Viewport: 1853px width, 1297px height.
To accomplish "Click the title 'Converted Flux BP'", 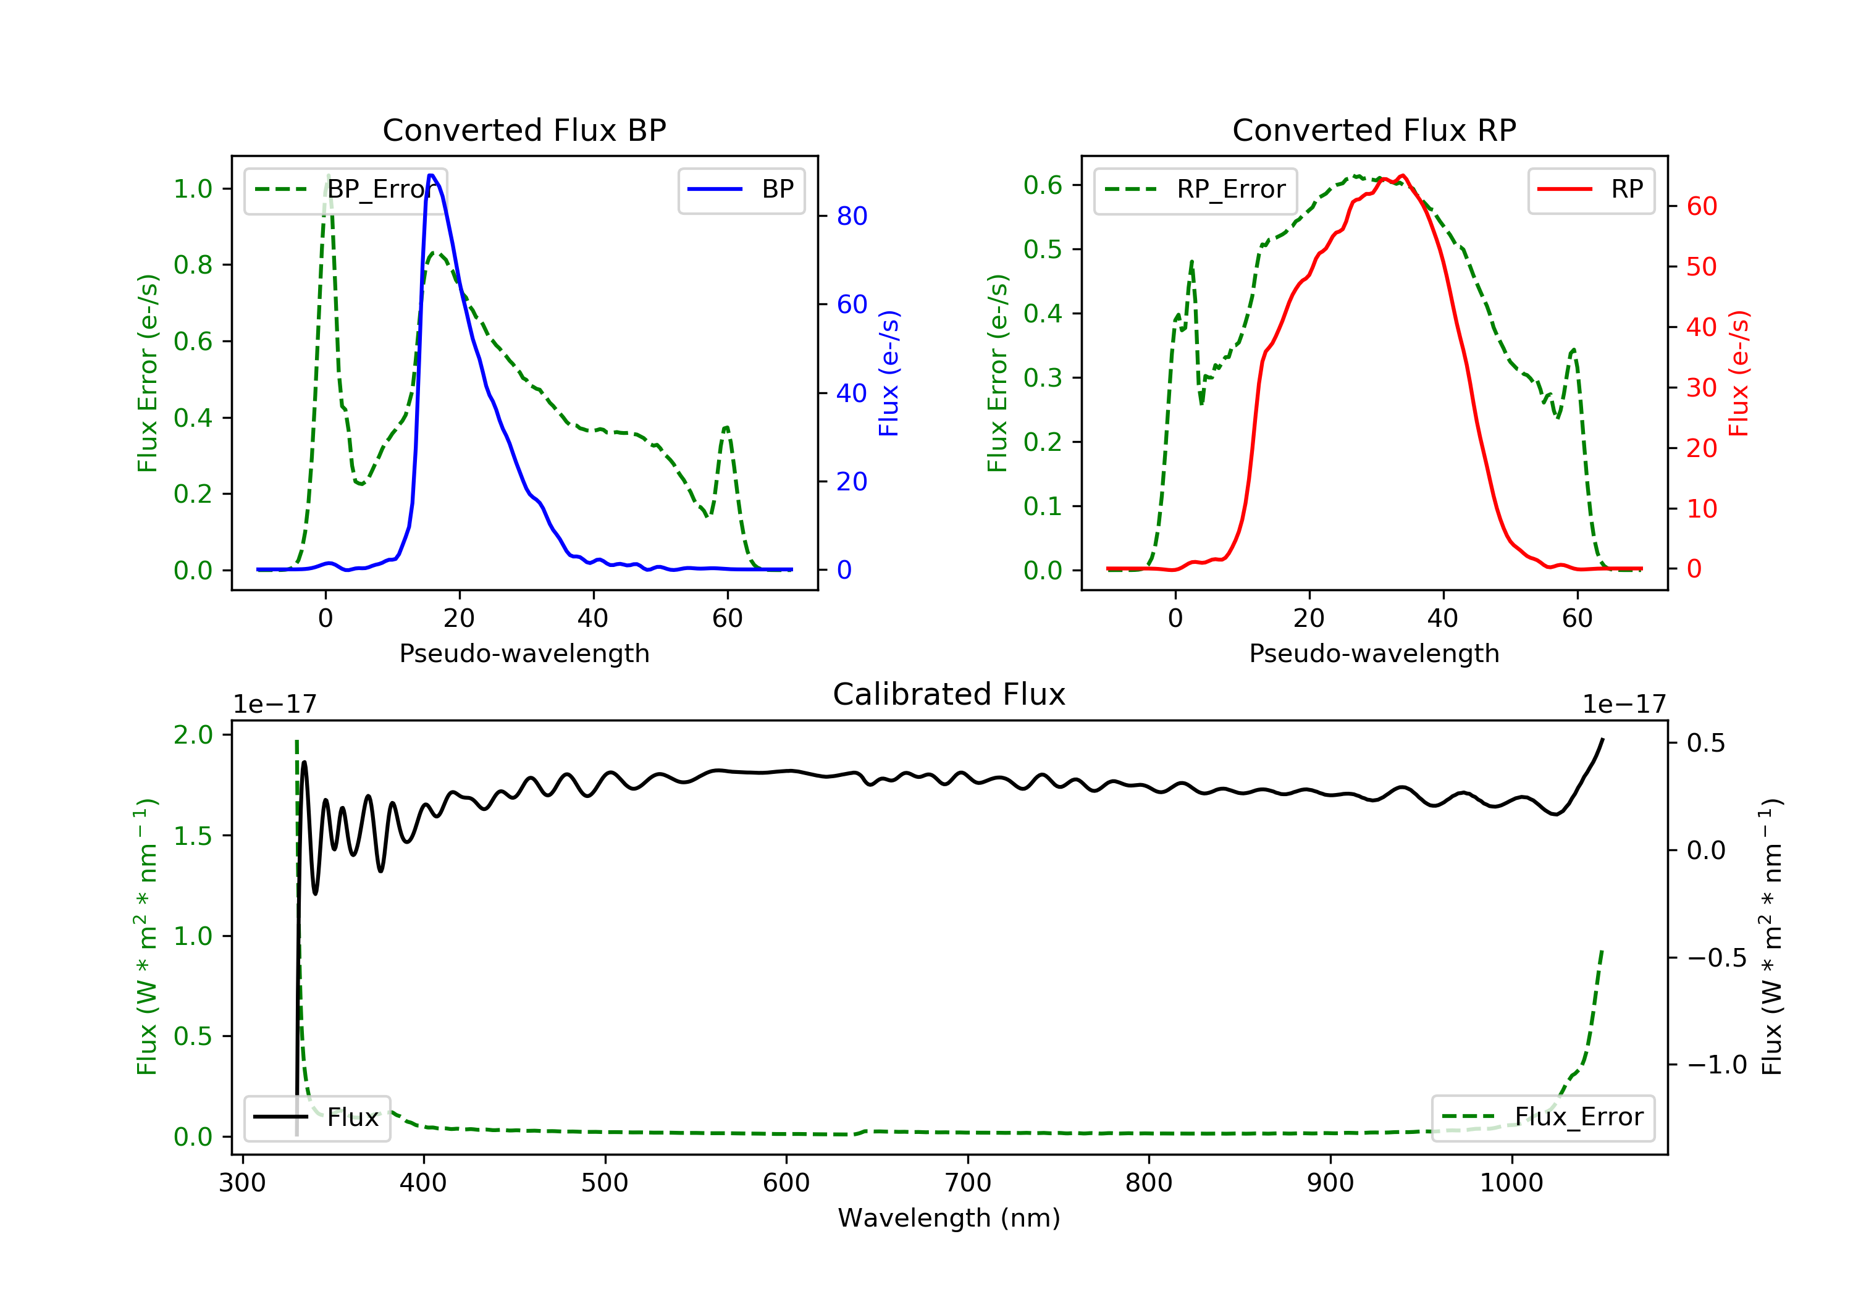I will pyautogui.click(x=524, y=130).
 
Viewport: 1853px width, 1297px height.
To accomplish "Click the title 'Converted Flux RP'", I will pyautogui.click(x=1374, y=130).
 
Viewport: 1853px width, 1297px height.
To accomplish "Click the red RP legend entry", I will pyautogui.click(x=1590, y=190).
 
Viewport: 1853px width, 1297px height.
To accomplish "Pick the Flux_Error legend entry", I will pyautogui.click(x=1542, y=1117).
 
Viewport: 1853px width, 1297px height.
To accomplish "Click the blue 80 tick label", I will pyautogui.click(x=851, y=216).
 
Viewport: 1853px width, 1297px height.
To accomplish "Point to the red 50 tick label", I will pyautogui.click(x=1701, y=266).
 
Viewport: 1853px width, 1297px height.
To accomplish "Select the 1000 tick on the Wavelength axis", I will pyautogui.click(x=1511, y=1183).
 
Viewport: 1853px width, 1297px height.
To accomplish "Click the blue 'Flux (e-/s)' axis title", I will pyautogui.click(x=889, y=373).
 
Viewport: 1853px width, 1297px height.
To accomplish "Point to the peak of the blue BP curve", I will pyautogui.click(x=432, y=175).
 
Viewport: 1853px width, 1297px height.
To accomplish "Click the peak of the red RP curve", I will pyautogui.click(x=1403, y=175).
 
